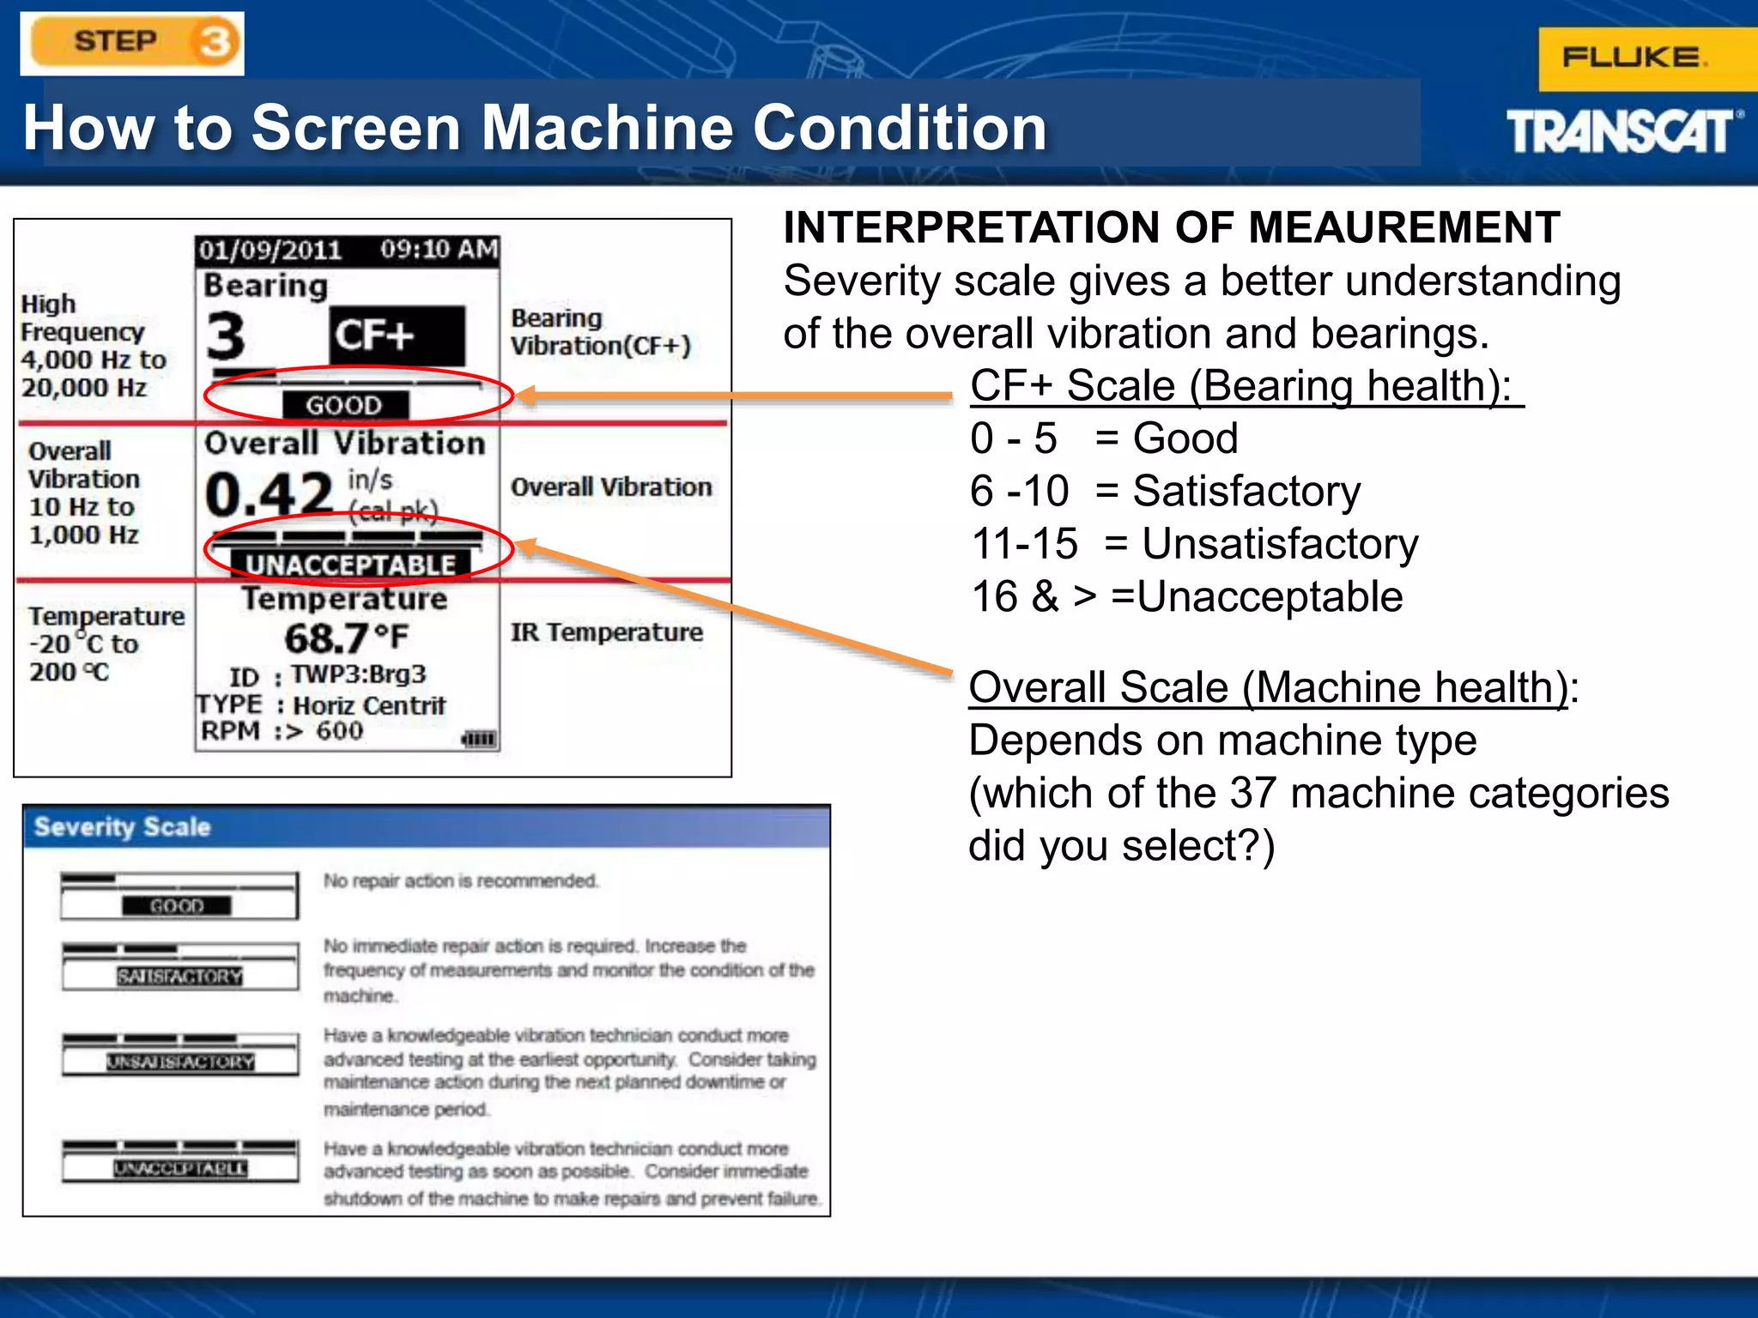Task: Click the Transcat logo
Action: tap(1622, 132)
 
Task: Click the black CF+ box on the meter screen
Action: tap(397, 335)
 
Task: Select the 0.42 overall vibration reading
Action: tap(269, 494)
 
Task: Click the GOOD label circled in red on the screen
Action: tap(345, 405)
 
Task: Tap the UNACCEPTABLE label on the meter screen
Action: tap(350, 565)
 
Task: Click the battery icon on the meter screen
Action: tap(479, 739)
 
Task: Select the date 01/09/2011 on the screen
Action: tap(270, 251)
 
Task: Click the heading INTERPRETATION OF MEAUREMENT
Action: tap(1171, 228)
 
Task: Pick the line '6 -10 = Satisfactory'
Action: tap(1165, 492)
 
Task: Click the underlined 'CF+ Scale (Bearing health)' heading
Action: tap(1245, 386)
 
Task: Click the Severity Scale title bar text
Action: tap(122, 827)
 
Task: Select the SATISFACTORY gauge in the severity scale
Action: tap(180, 967)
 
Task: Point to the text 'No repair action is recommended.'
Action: tap(461, 881)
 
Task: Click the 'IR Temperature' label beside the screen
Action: tap(606, 632)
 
